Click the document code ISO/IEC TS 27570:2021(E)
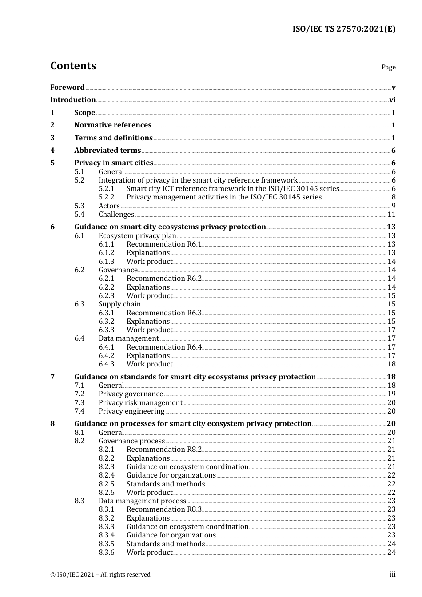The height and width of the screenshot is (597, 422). point(343,29)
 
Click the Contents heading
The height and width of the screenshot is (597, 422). point(73,66)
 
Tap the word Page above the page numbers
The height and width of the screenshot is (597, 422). point(388,67)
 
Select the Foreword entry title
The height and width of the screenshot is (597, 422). point(67,88)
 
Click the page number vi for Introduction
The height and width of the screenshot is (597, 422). point(392,100)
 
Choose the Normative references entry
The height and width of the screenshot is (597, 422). point(113,125)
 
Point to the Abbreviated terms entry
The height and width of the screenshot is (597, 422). point(107,151)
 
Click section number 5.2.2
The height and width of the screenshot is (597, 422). point(106,197)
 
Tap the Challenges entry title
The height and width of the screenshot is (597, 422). point(116,215)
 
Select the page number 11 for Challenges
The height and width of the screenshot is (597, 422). point(391,215)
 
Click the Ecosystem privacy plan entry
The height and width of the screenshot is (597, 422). point(137,236)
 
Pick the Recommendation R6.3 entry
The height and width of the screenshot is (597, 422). point(164,313)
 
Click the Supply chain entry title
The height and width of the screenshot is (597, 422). point(119,304)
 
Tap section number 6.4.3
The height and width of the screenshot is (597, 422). point(106,364)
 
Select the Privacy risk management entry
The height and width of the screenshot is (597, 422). point(140,403)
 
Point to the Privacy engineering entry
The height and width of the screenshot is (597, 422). point(131,411)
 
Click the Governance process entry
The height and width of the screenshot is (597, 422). point(131,441)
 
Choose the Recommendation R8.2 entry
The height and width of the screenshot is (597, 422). point(164,450)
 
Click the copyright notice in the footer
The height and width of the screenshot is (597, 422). point(100,575)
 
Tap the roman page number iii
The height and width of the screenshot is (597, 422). point(392,574)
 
